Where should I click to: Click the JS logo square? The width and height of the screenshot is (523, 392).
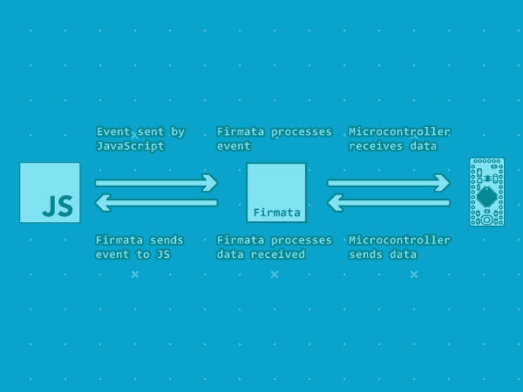point(49,193)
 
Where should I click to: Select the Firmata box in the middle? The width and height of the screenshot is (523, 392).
point(276,193)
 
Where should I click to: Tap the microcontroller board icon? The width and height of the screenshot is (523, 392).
point(487,192)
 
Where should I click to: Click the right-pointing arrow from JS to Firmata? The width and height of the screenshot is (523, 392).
point(156,183)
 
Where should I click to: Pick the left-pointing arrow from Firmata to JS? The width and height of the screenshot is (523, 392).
point(156,203)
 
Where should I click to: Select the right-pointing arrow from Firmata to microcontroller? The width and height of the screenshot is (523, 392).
point(389,183)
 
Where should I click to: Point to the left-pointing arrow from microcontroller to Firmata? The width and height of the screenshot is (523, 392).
point(389,203)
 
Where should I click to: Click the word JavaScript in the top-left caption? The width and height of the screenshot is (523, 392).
point(130,146)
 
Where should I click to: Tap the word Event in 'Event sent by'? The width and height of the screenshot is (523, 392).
point(113,131)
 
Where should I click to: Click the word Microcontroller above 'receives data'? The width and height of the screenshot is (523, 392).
point(399,131)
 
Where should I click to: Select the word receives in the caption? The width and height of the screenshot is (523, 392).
point(376,146)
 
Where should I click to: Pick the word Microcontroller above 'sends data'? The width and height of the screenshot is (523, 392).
point(399,240)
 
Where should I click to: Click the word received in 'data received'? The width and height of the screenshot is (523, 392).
point(278,255)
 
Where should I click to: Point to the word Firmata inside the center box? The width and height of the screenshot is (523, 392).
point(277,213)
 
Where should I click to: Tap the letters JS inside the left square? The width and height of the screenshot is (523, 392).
point(58,206)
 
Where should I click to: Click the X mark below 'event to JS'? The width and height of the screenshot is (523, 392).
point(135,275)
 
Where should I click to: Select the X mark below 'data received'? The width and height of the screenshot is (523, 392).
point(274,275)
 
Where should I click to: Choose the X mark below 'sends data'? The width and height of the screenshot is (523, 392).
point(414,275)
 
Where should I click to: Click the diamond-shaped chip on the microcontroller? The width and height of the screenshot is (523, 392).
point(487,197)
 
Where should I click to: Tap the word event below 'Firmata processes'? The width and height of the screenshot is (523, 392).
point(233,146)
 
